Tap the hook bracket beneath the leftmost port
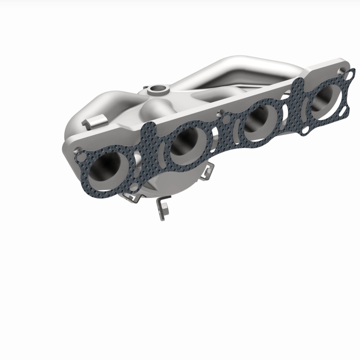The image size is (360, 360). point(130,197)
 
